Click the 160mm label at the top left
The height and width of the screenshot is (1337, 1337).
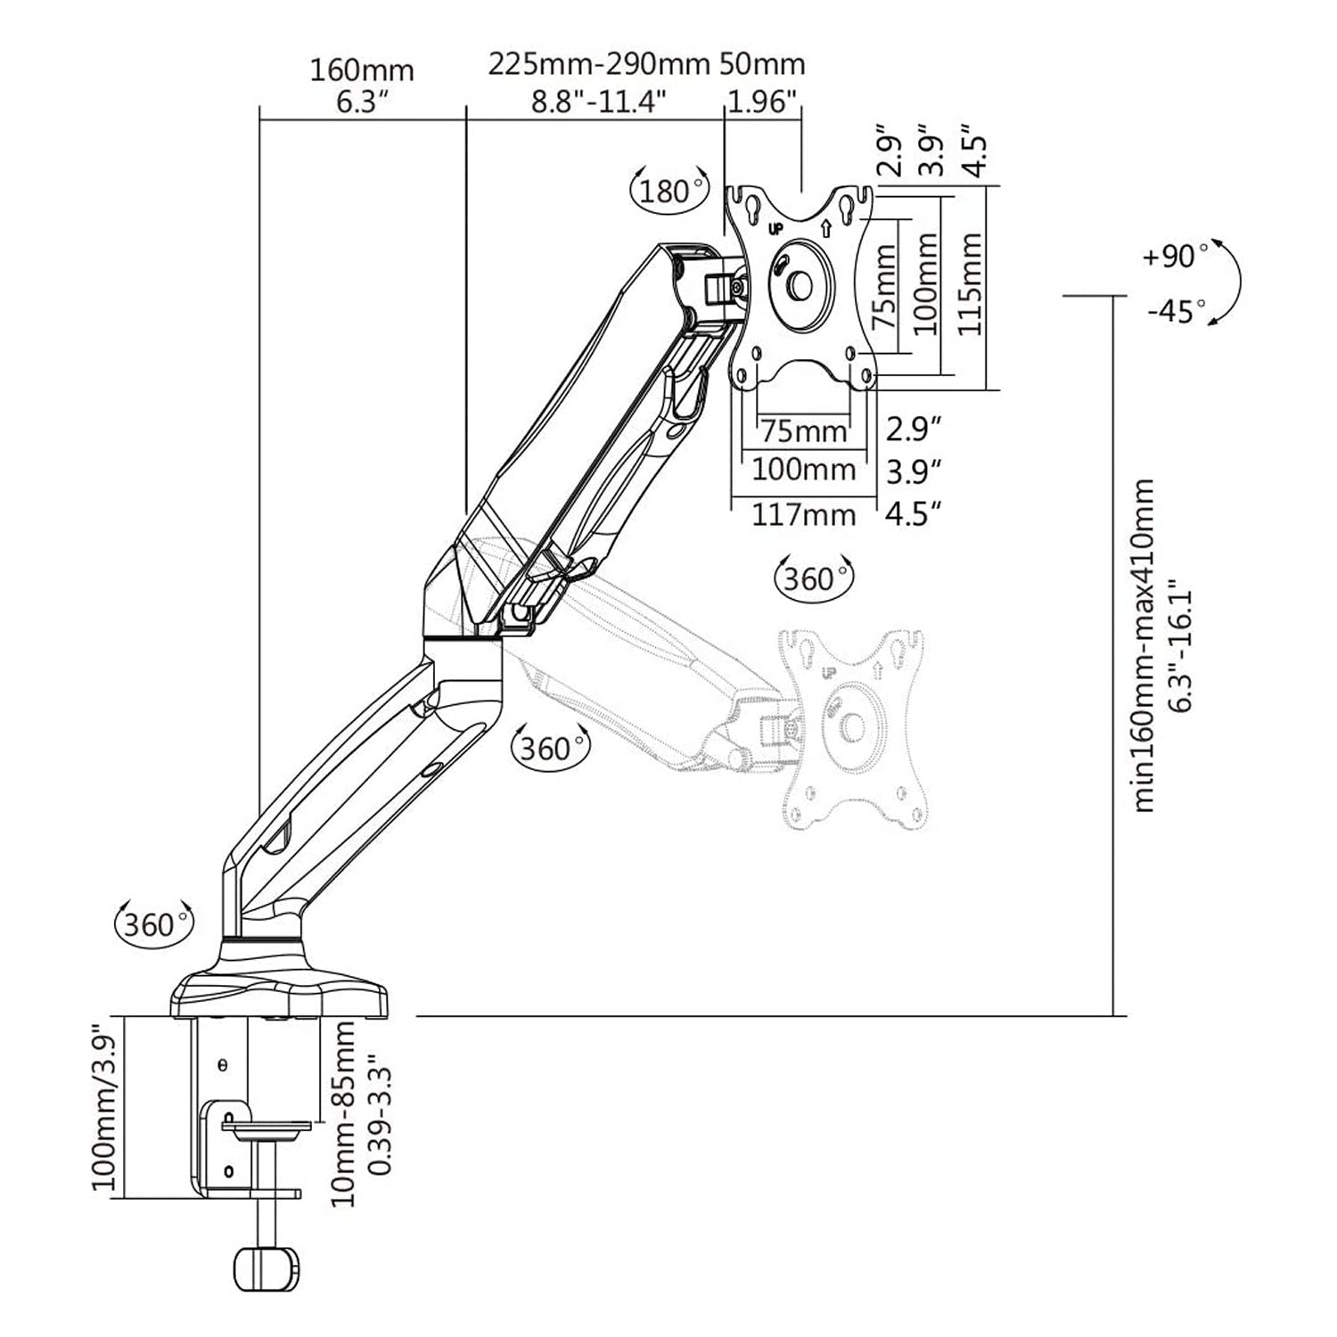(x=362, y=70)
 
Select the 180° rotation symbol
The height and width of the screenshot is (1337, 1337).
(x=669, y=191)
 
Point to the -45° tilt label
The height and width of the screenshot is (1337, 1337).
(x=1177, y=312)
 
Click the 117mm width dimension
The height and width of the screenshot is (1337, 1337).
(x=803, y=514)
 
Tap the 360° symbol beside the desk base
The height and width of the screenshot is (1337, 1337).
(x=154, y=923)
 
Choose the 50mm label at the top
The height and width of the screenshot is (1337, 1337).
(x=761, y=64)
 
